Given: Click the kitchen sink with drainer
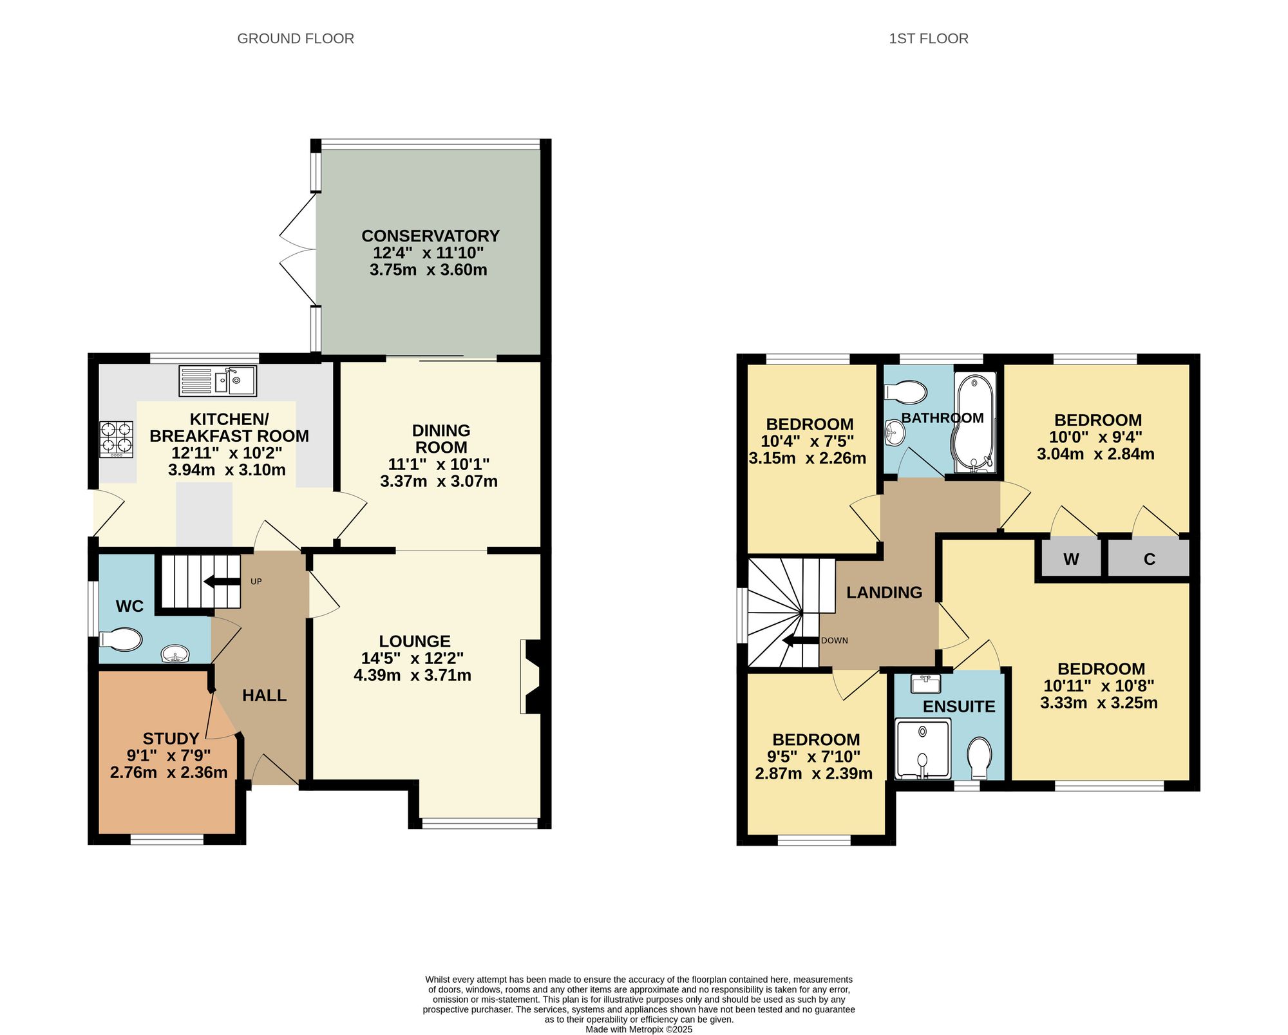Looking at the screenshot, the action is tap(218, 381).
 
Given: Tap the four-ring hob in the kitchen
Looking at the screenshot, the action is tap(117, 439).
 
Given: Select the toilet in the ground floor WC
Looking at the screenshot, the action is tap(121, 640).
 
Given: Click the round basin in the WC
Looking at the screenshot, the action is tap(175, 654).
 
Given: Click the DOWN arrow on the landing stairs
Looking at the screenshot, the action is tap(800, 640).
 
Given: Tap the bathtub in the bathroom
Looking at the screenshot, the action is tap(975, 422).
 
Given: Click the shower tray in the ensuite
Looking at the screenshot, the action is tap(923, 748).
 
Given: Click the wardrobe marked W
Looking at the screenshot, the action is tap(1071, 558).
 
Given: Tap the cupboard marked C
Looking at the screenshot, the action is tap(1149, 558).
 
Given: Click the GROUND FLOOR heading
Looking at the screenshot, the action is tap(296, 39).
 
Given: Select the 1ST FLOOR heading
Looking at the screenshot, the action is tap(929, 39).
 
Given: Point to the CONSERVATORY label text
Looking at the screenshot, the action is tap(430, 236).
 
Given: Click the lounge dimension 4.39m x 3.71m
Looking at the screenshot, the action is tap(412, 675).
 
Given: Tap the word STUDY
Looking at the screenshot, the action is tap(171, 739).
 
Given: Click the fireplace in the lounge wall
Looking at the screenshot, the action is tap(531, 676).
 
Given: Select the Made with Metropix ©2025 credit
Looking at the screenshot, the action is tap(639, 1029).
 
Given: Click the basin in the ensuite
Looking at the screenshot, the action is tap(926, 683).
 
